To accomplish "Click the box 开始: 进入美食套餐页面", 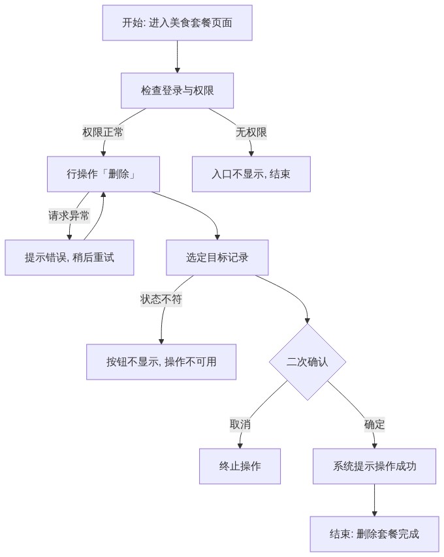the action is [x=178, y=23].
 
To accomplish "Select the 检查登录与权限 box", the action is [x=178, y=91].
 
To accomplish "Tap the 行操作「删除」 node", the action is [x=103, y=174].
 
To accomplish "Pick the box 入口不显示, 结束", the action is [x=251, y=174].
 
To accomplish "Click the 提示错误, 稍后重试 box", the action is [x=69, y=258].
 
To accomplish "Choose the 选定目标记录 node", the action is [x=217, y=258].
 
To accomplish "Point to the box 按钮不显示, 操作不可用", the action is [x=161, y=362].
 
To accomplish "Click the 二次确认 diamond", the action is [x=308, y=362].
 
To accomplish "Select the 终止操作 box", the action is [x=240, y=466].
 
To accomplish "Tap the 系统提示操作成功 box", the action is [x=374, y=466].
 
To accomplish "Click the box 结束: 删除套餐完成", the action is [x=374, y=534].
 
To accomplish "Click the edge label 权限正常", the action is [x=103, y=132].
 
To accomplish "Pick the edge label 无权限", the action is [x=251, y=132].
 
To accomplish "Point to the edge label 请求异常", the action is [x=69, y=216].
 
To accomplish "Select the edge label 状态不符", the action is [x=161, y=299].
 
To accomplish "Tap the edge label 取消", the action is [x=240, y=424].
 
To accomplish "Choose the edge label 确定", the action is [x=374, y=424].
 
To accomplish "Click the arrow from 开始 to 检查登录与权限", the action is [x=178, y=57].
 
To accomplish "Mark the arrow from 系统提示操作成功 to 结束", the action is [x=374, y=500].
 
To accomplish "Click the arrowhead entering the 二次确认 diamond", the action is [x=308, y=321].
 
